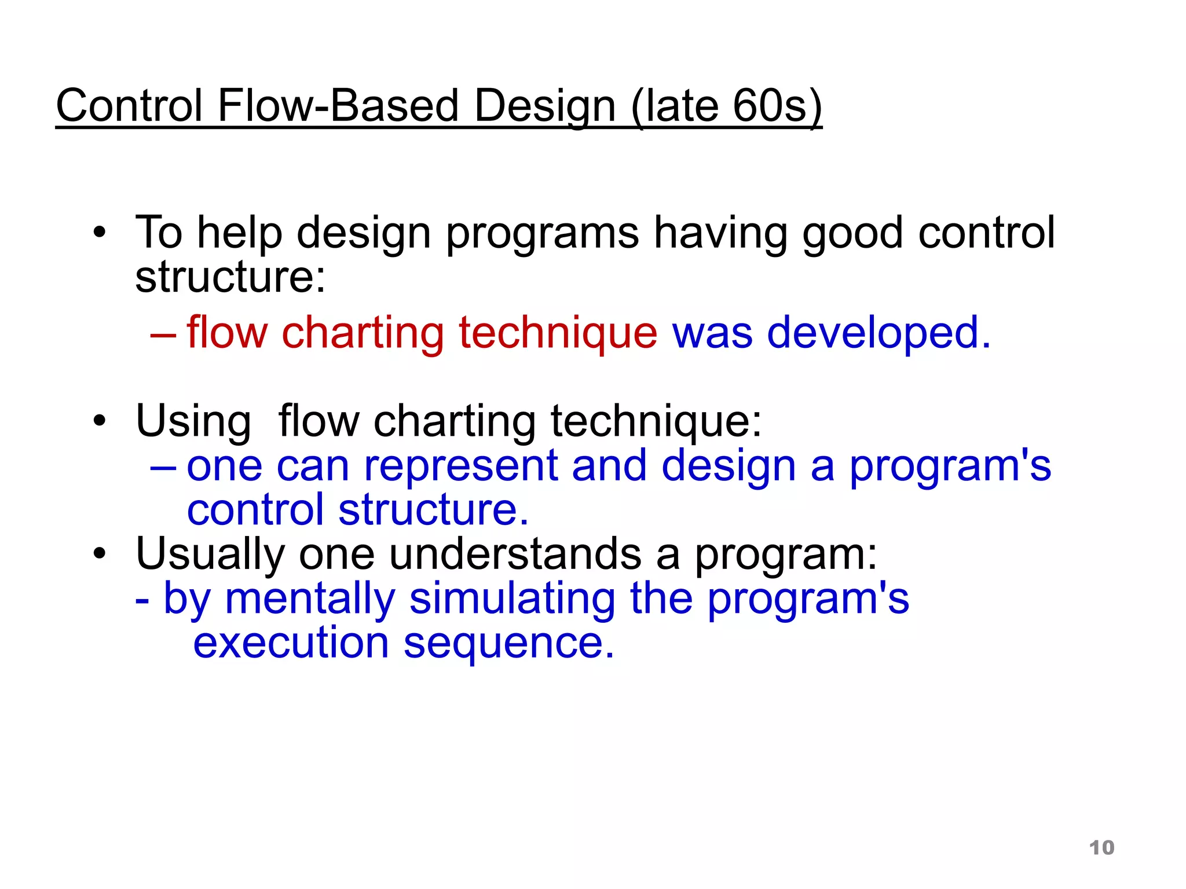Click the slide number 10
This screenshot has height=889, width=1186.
pos(1101,848)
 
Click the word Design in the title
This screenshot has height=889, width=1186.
pos(544,106)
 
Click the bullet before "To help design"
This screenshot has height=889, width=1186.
pos(100,232)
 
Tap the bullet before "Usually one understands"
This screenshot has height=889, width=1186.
pos(100,553)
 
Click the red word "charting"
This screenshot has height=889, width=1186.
pos(363,333)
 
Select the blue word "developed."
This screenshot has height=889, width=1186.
pos(878,333)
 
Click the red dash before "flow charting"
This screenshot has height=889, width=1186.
pos(163,335)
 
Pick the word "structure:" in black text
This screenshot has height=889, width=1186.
pos(230,277)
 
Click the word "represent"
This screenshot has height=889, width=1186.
pos(460,466)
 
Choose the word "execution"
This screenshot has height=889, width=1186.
pos(291,643)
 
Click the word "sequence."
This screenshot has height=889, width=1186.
pos(508,644)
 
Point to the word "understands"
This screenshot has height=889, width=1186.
pos(515,554)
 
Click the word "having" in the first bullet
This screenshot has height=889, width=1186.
pos(720,233)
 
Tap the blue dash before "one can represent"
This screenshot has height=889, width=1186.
pos(163,467)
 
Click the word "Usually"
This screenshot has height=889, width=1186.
pos(210,554)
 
